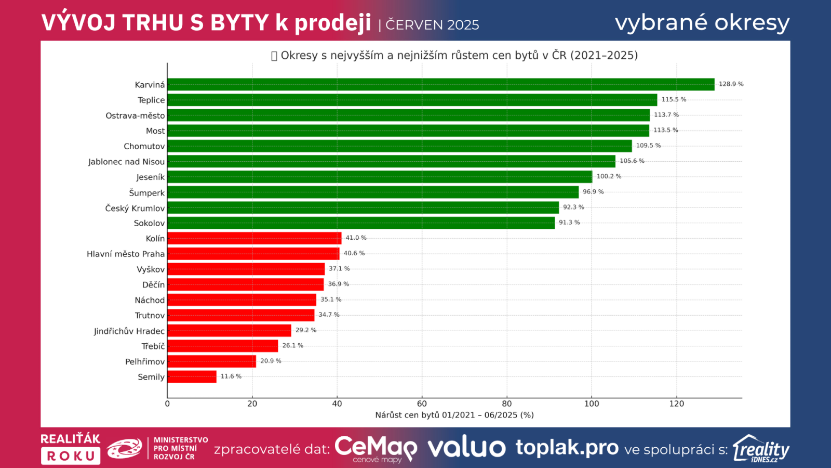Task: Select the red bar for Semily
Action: [x=192, y=376]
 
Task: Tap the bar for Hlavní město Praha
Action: [x=253, y=254]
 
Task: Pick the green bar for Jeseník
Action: [x=379, y=177]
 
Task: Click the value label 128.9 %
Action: [x=731, y=84]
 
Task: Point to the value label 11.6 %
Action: [x=231, y=376]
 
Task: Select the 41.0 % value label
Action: [x=356, y=238]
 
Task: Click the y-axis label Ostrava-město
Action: [x=135, y=115]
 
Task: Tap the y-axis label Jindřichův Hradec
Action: [x=129, y=331]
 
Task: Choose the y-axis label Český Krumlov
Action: [x=135, y=208]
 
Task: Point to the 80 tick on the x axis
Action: [x=506, y=404]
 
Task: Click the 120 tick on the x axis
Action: [x=676, y=404]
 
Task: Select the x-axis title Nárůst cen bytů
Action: [x=454, y=415]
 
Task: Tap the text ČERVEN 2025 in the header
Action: [x=432, y=25]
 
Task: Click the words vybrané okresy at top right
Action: [x=702, y=23]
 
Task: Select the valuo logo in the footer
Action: [x=466, y=448]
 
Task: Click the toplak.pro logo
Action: [x=567, y=447]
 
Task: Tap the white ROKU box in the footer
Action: [x=71, y=456]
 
